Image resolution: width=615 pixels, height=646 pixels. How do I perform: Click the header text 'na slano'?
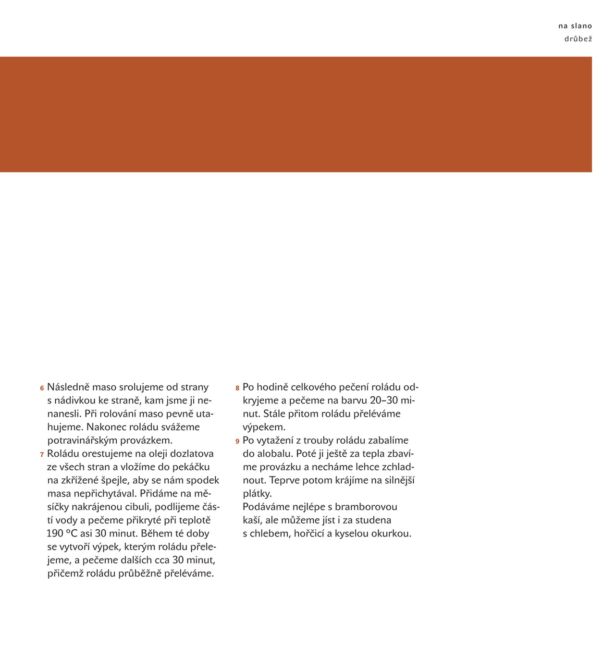click(575, 26)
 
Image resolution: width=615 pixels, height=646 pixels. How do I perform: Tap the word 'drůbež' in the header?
click(578, 39)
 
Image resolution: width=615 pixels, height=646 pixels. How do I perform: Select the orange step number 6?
click(42, 388)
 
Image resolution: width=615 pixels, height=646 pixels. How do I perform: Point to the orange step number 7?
click(42, 455)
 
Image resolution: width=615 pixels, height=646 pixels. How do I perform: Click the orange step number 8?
click(237, 388)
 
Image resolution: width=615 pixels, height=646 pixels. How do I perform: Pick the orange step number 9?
click(237, 441)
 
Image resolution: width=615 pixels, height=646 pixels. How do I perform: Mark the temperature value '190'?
click(56, 534)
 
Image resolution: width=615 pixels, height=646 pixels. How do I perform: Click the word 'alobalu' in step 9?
click(274, 454)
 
